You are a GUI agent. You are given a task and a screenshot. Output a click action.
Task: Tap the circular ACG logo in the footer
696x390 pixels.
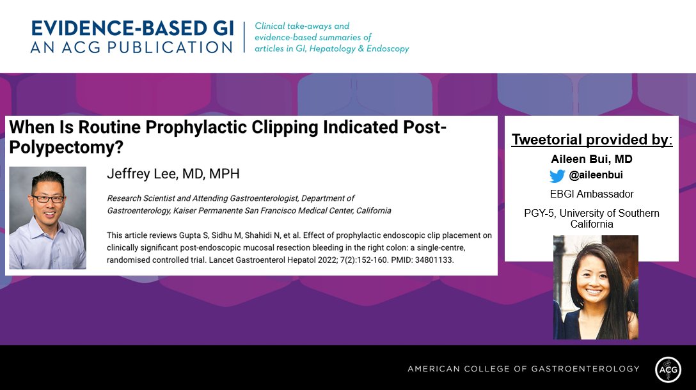(x=668, y=369)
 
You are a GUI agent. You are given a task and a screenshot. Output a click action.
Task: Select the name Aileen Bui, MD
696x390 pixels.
(x=591, y=159)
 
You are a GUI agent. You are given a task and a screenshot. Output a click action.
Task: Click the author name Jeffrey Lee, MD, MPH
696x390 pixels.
(x=173, y=175)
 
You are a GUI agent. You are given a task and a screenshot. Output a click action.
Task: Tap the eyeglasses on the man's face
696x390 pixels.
(x=48, y=199)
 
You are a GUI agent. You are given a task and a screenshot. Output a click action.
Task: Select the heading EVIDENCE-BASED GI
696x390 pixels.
(x=132, y=29)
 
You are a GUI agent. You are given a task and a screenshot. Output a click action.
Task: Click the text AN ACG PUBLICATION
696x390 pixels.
(x=132, y=47)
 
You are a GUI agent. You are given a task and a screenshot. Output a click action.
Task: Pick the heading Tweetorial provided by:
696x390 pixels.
(x=591, y=139)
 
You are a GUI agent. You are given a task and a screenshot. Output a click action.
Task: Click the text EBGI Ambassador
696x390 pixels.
(x=592, y=194)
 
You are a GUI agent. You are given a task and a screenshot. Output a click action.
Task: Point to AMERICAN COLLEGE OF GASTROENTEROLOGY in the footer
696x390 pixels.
(x=523, y=369)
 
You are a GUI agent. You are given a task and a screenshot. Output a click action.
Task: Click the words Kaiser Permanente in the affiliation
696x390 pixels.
(x=196, y=210)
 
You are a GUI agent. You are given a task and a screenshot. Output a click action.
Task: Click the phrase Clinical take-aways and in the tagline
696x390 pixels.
(x=302, y=26)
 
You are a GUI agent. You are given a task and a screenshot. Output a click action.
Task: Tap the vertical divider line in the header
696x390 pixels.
(x=244, y=38)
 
